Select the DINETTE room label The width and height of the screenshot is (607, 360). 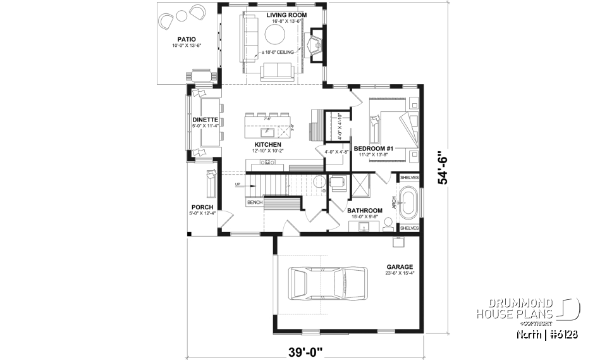point(205,120)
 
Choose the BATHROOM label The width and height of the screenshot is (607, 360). point(364,210)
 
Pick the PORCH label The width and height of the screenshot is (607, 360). point(202,207)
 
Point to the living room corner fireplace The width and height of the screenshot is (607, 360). point(315,46)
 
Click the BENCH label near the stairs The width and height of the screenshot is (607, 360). point(254,202)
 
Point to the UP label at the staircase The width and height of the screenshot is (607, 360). point(238,185)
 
